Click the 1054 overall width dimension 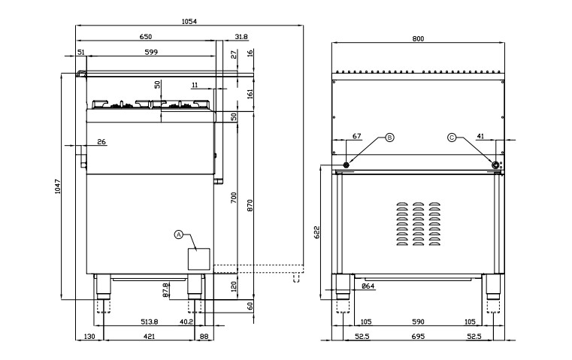pos(189,22)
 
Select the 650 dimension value pos(145,37)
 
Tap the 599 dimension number pos(151,52)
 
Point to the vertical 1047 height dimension pos(58,186)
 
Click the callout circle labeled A pos(178,234)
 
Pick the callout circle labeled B pos(389,138)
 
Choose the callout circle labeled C pos(452,138)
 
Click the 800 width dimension pos(418,38)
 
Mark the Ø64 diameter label pos(368,286)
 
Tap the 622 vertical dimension pos(316,232)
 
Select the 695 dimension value pos(418,336)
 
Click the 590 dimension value pos(418,322)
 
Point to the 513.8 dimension pos(150,322)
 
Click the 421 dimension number pos(149,336)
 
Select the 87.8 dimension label pos(165,290)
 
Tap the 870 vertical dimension pos(250,205)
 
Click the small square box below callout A pos(199,259)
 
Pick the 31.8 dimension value pos(241,37)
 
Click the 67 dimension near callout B pos(357,136)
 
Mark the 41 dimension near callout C pos(480,136)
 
